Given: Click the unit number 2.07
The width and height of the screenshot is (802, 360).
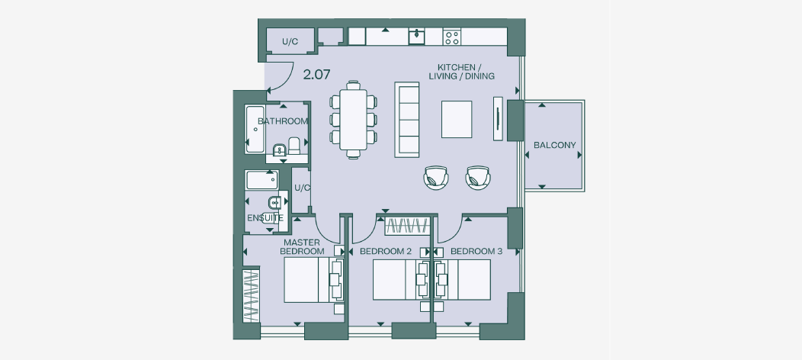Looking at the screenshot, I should [316, 76].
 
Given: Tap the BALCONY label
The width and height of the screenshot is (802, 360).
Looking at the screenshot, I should [554, 145].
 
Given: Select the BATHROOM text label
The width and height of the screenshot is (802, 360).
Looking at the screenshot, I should [283, 121].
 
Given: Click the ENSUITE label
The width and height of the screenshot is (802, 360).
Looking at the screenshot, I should [265, 218].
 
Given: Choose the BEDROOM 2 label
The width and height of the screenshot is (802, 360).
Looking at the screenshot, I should [386, 251].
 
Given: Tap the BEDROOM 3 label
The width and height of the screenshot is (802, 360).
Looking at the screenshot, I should [476, 251].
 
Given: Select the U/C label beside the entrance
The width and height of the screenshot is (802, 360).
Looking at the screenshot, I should [289, 42].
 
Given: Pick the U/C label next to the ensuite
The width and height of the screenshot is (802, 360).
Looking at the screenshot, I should [302, 188].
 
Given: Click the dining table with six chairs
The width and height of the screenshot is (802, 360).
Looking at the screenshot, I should [353, 119].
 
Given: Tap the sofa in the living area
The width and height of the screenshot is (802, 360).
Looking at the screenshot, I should [407, 119].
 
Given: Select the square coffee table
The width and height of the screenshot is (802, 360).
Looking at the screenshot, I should [457, 119].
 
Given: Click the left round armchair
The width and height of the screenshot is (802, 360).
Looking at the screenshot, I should [435, 177].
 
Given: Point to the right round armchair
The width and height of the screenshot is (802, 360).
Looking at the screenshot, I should [478, 177].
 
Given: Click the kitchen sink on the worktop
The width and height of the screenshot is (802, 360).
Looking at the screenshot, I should [416, 37].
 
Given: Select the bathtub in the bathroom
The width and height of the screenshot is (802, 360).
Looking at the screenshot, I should [255, 130].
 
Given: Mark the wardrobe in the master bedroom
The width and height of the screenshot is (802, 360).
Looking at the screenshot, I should [251, 295].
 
